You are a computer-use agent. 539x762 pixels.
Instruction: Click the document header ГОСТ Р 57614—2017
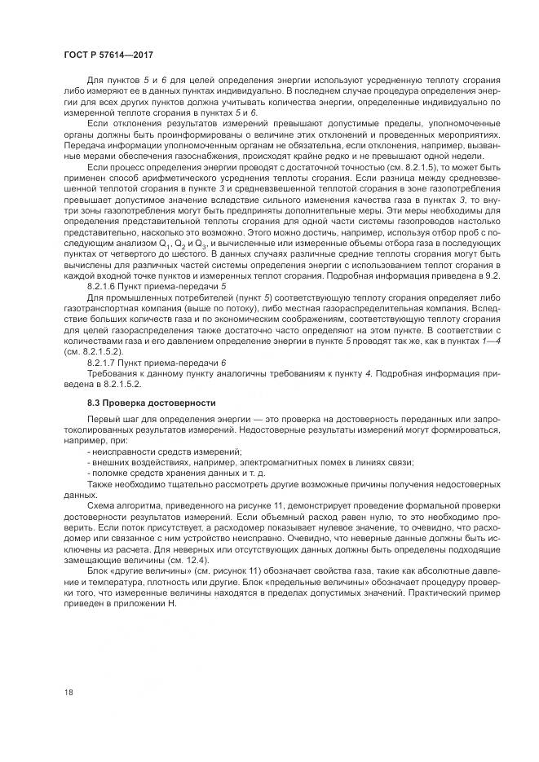[108, 54]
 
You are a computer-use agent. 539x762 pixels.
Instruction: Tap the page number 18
[68, 692]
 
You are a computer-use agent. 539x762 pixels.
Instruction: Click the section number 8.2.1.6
[103, 289]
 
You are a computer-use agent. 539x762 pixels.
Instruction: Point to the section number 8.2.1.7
[103, 361]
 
